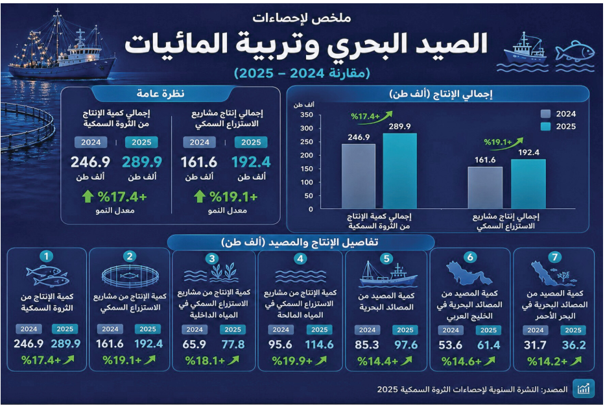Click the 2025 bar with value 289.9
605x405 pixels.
(x=399, y=171)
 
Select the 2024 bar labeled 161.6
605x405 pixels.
(x=485, y=188)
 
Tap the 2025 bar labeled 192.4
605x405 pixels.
(x=528, y=184)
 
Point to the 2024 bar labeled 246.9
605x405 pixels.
(x=359, y=176)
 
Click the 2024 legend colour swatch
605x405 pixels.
(x=545, y=114)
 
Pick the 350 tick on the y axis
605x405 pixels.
(x=307, y=115)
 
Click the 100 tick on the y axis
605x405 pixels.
(x=307, y=182)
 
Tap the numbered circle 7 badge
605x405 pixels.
(x=554, y=257)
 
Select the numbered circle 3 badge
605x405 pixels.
(x=212, y=259)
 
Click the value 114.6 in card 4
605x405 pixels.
(x=319, y=345)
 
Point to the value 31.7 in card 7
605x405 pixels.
(x=535, y=345)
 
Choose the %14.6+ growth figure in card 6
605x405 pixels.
(x=462, y=362)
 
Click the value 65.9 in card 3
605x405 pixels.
(x=194, y=345)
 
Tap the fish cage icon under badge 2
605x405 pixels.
(x=130, y=276)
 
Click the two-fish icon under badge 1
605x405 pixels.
(x=47, y=276)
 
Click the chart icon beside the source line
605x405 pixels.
(x=583, y=388)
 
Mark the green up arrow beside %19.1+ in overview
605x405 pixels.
(x=199, y=197)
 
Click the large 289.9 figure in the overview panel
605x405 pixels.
(x=142, y=162)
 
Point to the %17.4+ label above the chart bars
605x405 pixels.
(x=365, y=116)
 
